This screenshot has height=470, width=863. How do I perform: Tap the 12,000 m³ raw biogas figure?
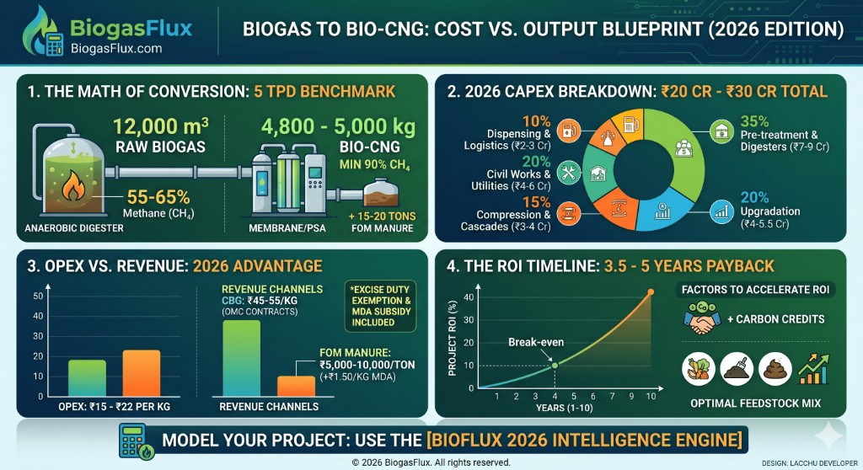(161, 135)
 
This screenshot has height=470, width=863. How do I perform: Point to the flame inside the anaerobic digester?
(74, 189)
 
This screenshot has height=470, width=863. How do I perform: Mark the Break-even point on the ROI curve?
(555, 364)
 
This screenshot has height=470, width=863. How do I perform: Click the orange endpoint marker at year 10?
(650, 292)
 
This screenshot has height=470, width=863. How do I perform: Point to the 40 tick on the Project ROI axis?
(470, 296)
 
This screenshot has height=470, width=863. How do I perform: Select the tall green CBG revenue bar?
(241, 358)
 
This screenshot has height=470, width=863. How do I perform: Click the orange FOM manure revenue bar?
(296, 386)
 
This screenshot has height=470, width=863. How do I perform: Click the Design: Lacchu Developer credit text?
(809, 462)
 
